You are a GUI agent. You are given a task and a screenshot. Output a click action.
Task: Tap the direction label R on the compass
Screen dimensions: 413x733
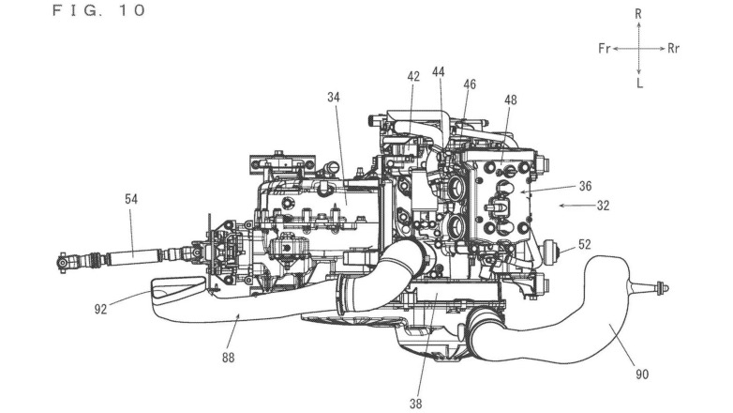click(638, 13)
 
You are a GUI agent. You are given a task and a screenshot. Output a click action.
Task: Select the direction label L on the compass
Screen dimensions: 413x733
click(638, 83)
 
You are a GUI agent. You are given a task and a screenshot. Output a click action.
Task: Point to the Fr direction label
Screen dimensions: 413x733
click(605, 48)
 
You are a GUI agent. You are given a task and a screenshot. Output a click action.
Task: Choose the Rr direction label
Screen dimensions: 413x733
click(674, 48)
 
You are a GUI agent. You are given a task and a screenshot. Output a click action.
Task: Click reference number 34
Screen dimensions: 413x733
click(334, 96)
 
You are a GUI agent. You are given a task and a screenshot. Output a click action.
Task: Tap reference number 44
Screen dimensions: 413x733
click(439, 71)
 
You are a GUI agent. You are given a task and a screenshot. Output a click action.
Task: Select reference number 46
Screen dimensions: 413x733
click(470, 84)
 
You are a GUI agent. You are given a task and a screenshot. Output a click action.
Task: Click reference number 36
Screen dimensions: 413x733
click(585, 186)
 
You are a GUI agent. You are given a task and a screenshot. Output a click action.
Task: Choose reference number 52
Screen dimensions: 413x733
click(585, 244)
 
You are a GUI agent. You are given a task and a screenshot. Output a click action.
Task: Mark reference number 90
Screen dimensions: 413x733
click(640, 374)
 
